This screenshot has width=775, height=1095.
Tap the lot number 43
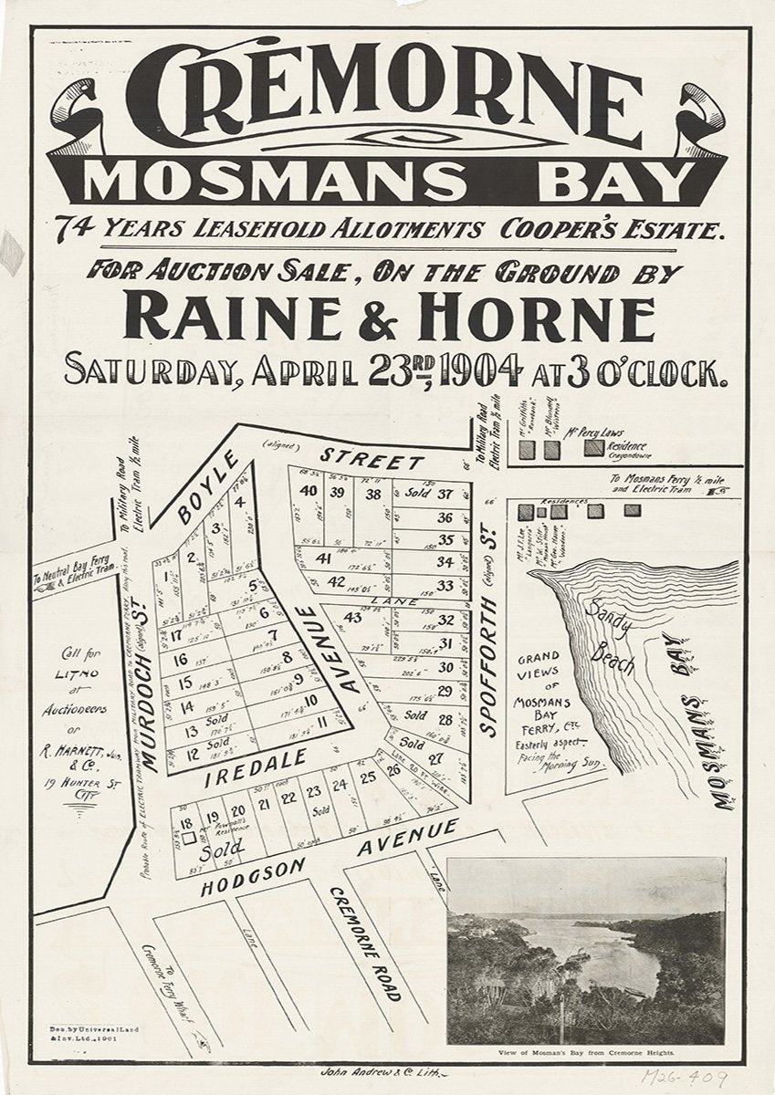pyautogui.click(x=352, y=618)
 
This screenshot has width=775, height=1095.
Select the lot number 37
pyautogui.click(x=445, y=495)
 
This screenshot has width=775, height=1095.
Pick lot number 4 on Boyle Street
pyautogui.click(x=239, y=500)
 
